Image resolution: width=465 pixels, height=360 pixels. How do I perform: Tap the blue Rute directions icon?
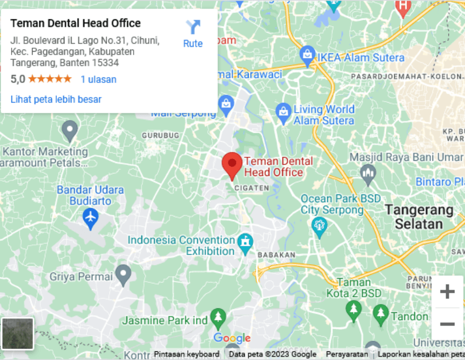click(193, 27)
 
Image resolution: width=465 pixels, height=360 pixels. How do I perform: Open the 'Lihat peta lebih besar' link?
click(56, 99)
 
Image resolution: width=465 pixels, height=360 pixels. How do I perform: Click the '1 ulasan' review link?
click(98, 79)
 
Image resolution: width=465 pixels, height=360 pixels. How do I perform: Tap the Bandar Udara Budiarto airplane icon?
click(90, 217)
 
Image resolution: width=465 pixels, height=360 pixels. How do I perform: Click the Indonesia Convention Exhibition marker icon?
click(245, 241)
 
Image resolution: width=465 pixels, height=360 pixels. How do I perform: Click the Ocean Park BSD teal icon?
click(319, 226)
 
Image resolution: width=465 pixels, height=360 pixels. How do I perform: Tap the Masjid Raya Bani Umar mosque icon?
click(367, 172)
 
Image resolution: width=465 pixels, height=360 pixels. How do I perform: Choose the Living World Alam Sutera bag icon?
click(283, 110)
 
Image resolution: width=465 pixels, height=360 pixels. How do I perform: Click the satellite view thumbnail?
click(17, 333)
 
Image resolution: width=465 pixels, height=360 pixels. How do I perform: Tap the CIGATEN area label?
click(252, 188)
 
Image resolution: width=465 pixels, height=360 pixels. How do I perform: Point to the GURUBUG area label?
click(159, 135)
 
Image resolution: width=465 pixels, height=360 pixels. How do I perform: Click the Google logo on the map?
click(231, 338)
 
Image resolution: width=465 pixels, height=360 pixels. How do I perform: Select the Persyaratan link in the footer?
click(347, 354)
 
